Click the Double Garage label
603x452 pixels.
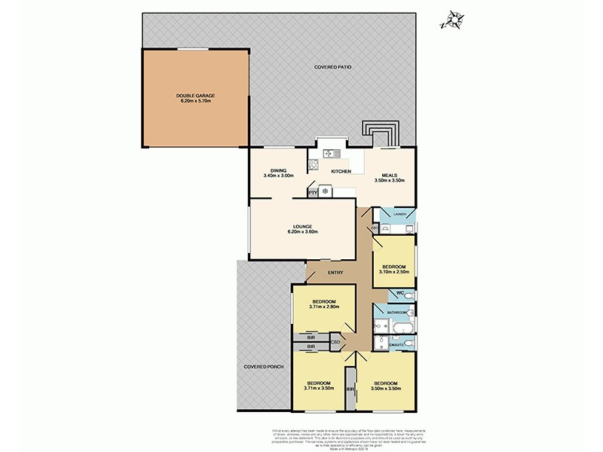196,96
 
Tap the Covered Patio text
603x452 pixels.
333,68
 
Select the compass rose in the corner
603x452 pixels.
455,20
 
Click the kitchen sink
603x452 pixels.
332,154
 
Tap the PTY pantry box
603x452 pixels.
313,192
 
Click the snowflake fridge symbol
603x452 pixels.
325,191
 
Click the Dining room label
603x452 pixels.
277,170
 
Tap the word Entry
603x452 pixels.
337,273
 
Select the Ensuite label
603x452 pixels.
397,347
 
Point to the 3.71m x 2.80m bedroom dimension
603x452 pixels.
324,307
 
